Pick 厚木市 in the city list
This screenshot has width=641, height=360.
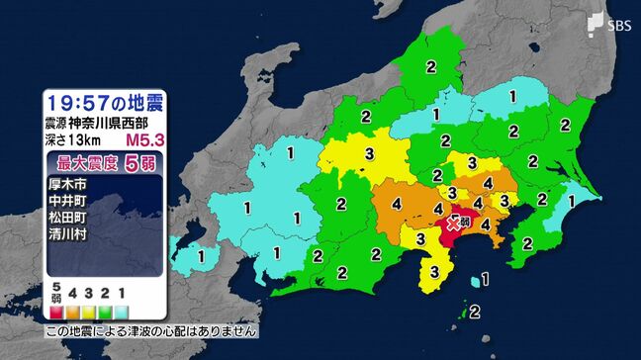pos(68,184)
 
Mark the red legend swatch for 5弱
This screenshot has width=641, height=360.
pos(58,310)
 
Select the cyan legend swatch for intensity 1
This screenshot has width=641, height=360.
pos(122,310)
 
